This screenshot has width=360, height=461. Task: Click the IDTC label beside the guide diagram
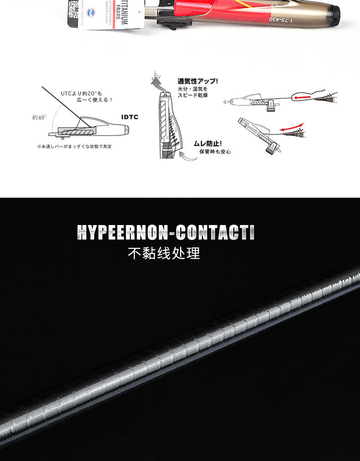click(x=129, y=117)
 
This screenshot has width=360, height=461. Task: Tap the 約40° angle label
click(x=40, y=117)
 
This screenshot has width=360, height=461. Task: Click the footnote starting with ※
click(x=74, y=146)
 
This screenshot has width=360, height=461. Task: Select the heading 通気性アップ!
click(x=198, y=81)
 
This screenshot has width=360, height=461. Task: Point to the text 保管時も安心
click(x=215, y=151)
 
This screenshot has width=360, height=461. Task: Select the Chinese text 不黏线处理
click(x=164, y=253)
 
